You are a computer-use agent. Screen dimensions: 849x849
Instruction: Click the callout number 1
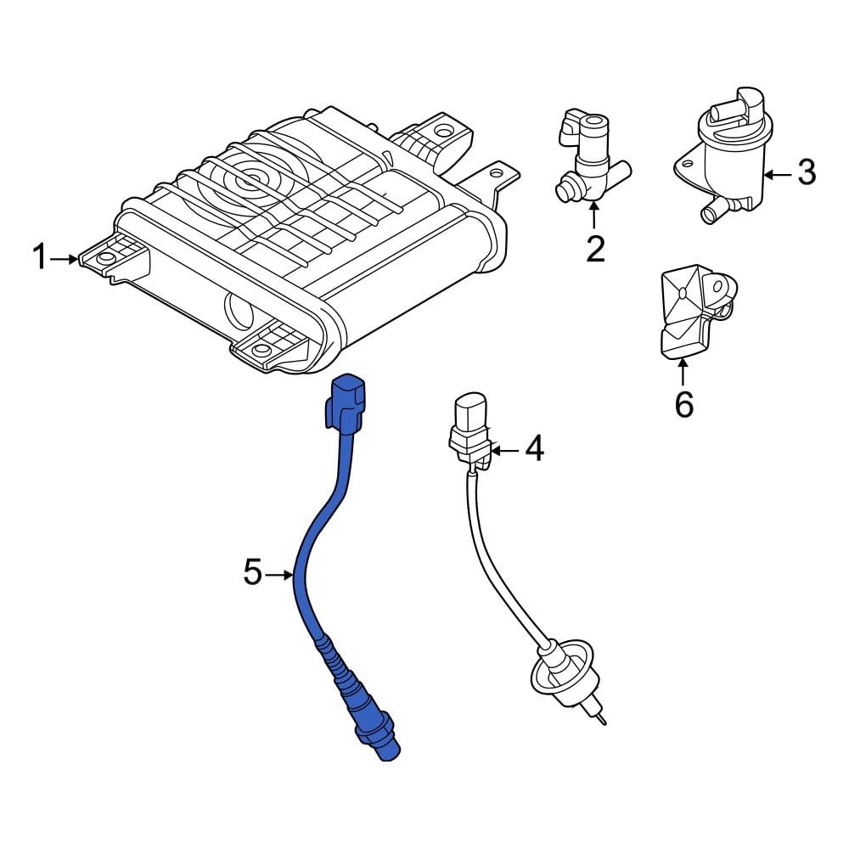tap(40, 257)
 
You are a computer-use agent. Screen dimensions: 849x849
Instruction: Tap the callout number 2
tap(595, 249)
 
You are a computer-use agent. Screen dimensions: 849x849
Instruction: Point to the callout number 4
tap(533, 449)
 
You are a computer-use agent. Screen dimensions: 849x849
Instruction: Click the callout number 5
tap(252, 573)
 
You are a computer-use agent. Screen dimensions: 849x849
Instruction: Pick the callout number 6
tap(684, 404)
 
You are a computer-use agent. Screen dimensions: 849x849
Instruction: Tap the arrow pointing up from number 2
tap(595, 215)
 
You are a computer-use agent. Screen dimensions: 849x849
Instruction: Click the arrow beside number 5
tap(279, 575)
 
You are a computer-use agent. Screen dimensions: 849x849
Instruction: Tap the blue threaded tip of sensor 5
tap(391, 745)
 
